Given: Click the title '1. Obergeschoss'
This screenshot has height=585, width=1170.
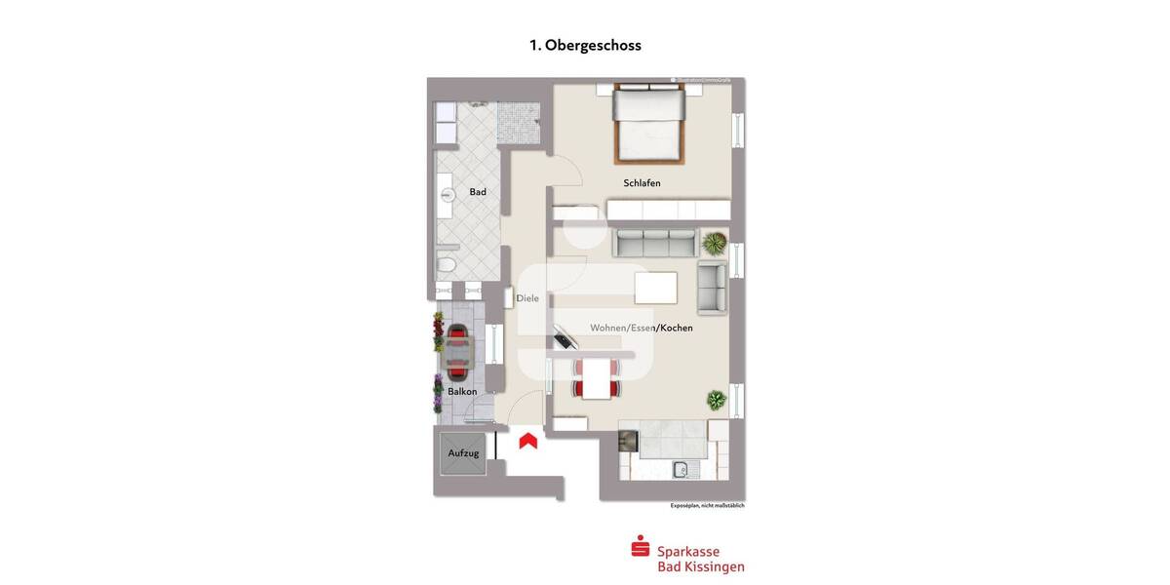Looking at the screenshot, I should point(585,45).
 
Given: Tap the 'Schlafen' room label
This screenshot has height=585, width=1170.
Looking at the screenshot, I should point(642,183).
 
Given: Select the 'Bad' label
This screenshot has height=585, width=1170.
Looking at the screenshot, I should point(478,192).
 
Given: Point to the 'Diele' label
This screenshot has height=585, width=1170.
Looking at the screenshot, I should point(527,298).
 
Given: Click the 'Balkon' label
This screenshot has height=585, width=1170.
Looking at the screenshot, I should point(462,392).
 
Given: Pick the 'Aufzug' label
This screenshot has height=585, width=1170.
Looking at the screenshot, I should point(463,453).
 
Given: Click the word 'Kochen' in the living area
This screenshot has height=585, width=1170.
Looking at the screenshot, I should point(677,329).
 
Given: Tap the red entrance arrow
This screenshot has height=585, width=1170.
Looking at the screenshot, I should point(528,441).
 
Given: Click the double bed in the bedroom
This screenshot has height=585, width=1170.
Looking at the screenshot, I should point(648,124).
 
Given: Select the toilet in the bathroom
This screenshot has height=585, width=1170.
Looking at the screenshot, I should point(447,264).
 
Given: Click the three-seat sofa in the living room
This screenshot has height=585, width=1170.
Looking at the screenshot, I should point(655,243).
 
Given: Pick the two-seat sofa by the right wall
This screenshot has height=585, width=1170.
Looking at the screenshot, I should point(712,287).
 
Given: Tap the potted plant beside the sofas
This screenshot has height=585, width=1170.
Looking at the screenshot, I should point(715,242).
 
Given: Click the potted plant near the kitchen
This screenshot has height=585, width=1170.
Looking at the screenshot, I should point(717,400).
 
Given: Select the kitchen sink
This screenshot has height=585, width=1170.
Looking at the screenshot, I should point(681,470).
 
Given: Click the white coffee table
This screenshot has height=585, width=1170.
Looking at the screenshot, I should point(655,288).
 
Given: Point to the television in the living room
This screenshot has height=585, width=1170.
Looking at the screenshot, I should point(563,336).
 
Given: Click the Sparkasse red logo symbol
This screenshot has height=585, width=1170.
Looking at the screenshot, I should point(641,547).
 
